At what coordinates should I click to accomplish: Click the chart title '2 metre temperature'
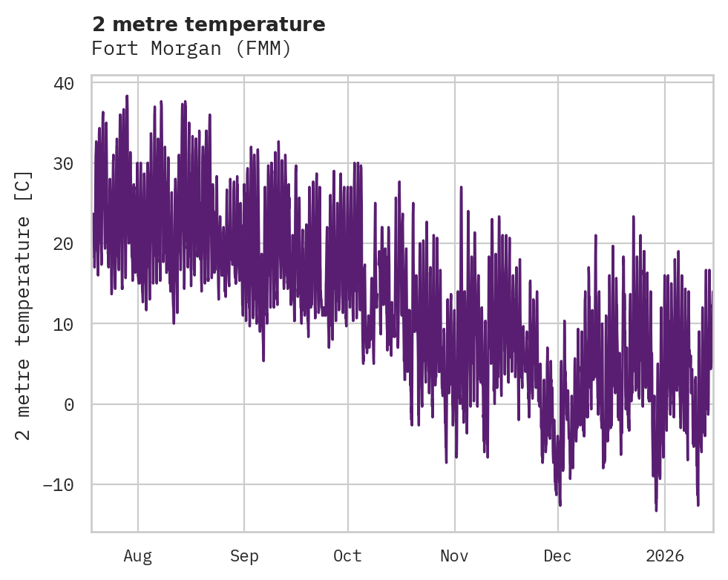pos(209,24)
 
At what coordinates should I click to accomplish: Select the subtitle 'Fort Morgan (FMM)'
pos(191,49)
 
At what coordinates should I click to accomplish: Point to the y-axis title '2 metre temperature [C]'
pos(24,306)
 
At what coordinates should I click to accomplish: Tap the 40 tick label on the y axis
pos(63,83)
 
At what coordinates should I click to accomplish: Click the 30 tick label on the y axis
pos(63,163)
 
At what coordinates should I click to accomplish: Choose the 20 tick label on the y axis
pos(63,243)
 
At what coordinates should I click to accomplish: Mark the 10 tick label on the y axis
pos(63,324)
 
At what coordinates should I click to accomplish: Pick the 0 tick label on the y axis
pos(68,404)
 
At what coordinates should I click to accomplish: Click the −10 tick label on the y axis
pos(58,484)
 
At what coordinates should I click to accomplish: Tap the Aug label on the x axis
pos(137,556)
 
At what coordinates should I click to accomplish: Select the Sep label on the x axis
pos(244,556)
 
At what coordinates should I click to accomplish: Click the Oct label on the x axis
pos(347,556)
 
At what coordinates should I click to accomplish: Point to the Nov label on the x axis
pos(454,556)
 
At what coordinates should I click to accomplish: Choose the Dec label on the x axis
pos(557,556)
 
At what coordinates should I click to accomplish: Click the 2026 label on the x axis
pos(665,556)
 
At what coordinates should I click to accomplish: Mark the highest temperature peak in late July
pos(127,96)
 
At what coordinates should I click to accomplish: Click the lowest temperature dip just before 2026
pos(656,510)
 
